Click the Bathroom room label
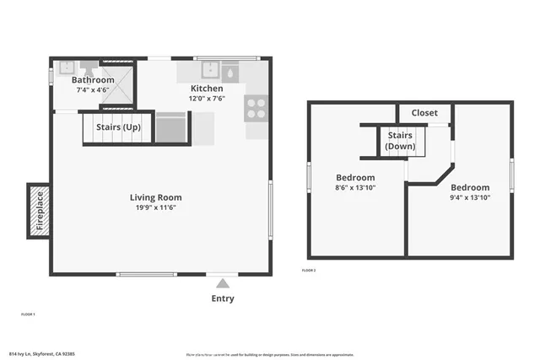click(93, 80)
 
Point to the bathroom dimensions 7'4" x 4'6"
click(93, 89)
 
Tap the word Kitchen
click(207, 89)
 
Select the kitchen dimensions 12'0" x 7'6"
click(207, 98)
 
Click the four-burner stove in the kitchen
click(256, 109)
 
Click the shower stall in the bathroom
click(117, 83)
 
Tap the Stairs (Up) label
click(118, 127)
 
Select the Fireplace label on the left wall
click(39, 211)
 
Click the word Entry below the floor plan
click(223, 298)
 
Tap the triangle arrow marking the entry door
click(223, 283)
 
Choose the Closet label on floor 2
click(424, 113)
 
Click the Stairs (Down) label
click(400, 141)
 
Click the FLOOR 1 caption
click(28, 314)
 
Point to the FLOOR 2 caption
click(309, 271)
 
